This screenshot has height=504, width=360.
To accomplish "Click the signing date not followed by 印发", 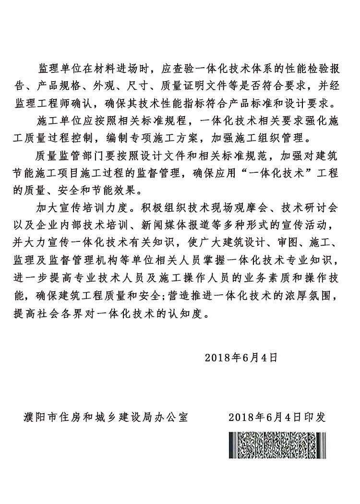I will coord(241,357).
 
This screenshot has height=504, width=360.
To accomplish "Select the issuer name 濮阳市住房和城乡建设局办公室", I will coord(105,417).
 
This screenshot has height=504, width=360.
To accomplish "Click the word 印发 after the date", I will coord(315,417).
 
